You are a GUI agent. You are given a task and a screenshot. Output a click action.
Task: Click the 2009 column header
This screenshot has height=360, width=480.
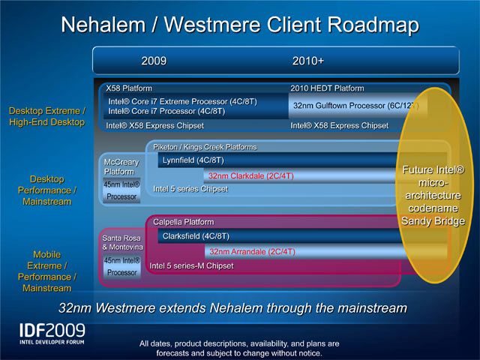pos(154,61)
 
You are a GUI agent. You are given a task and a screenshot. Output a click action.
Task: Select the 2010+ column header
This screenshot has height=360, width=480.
pos(308,61)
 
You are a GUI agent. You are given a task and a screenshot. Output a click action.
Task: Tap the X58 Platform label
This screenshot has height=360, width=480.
pos(129,88)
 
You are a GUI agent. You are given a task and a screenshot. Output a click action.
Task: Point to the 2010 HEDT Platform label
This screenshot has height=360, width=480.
pos(327,88)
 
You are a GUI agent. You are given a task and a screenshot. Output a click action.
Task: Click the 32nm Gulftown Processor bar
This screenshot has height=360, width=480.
pos(355,106)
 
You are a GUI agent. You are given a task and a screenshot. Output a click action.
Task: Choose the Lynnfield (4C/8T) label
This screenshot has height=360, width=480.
pos(193,160)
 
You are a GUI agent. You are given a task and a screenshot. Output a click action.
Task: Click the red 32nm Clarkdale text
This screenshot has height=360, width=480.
pos(251,176)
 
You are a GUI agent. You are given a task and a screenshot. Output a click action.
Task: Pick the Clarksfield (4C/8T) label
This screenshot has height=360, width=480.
pos(196,236)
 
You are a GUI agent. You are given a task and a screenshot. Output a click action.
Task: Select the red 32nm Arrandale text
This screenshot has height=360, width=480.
pos(252,252)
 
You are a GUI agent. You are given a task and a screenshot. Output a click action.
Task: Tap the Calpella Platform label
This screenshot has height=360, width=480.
pos(183,222)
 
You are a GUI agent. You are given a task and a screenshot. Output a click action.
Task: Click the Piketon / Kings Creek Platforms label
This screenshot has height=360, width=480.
pos(205,147)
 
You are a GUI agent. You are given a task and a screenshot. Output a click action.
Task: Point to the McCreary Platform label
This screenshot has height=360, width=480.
pos(121,166)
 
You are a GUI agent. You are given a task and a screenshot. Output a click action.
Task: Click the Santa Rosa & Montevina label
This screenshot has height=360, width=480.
pos(122,242)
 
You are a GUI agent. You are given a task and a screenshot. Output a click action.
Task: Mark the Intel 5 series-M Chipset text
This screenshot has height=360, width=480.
pos(191,265)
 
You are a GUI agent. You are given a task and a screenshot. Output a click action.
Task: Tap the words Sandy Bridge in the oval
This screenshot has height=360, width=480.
pos(433,220)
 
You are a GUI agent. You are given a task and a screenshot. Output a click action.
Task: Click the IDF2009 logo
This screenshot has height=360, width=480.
pos(52,334)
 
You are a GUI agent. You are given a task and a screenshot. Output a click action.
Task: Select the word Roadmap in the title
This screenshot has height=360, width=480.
pos(373,25)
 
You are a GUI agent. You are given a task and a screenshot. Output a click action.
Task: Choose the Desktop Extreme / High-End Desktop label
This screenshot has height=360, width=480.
pos(47,116)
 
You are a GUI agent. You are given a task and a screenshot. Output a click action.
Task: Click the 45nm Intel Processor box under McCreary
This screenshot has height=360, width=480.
pos(121,190)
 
